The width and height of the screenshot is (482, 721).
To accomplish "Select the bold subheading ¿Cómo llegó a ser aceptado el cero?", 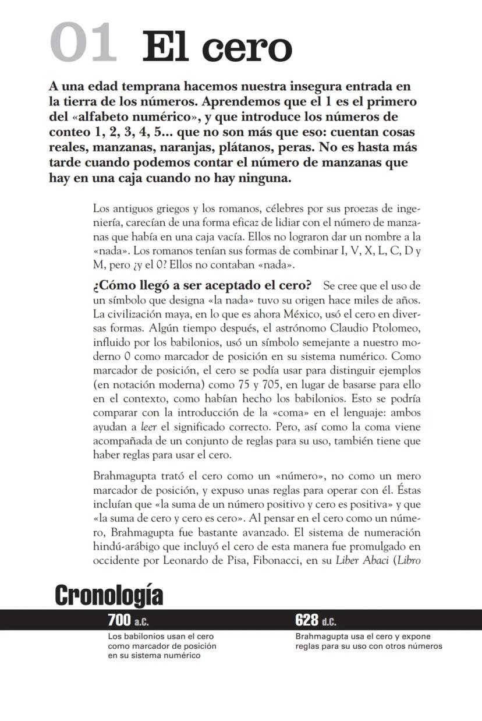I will click(x=203, y=286).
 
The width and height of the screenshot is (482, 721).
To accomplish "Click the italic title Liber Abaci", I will click(x=361, y=561).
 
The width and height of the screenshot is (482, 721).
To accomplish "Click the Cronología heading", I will click(x=109, y=596).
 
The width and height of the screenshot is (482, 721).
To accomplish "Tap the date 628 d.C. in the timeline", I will click(x=316, y=621).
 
